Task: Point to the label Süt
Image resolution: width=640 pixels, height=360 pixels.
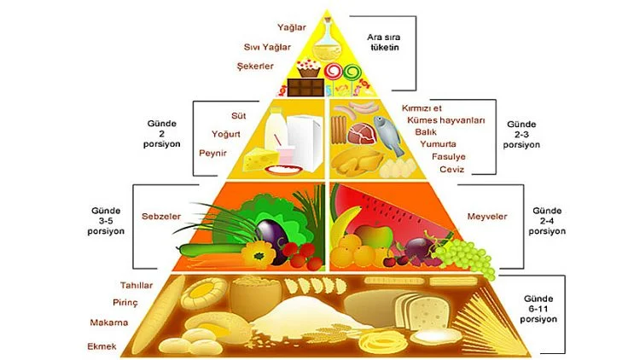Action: [238, 114]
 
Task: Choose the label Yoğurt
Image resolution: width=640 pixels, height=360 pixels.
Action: [228, 134]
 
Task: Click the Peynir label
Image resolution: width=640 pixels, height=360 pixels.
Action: [212, 154]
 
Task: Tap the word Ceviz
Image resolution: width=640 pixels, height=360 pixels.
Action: [451, 170]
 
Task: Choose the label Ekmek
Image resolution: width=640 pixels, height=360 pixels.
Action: [102, 345]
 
